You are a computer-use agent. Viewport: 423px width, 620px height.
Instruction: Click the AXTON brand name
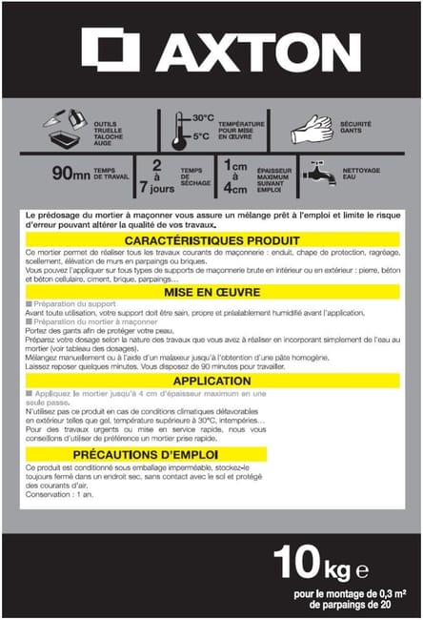(252, 49)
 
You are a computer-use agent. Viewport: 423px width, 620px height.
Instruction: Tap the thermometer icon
(178, 131)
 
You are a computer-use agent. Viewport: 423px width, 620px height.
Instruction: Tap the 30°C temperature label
(202, 117)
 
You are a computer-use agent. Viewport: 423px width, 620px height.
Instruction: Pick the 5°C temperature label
(202, 135)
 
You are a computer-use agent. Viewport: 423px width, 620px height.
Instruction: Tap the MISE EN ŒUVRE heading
(211, 291)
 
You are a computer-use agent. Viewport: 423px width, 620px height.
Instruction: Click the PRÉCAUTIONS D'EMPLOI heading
(211, 455)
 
